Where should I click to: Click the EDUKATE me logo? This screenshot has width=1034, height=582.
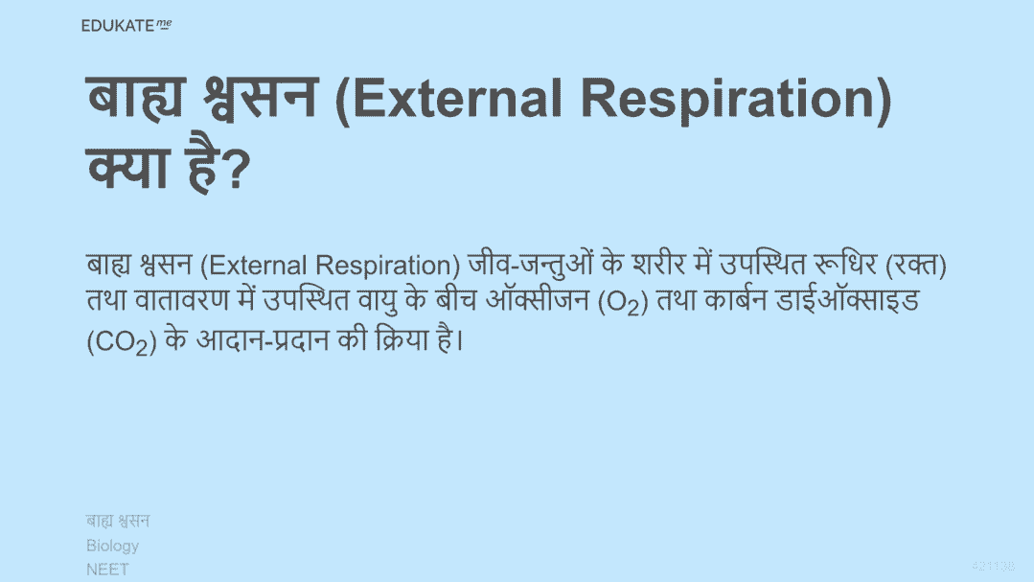[x=126, y=26]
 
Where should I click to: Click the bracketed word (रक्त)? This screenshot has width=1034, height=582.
[x=916, y=266]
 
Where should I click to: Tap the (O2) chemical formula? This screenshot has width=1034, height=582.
[x=623, y=302]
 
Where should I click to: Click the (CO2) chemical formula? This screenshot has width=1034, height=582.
[x=122, y=341]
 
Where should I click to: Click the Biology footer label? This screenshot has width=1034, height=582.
[x=113, y=547]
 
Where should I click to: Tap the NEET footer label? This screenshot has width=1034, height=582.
[x=107, y=570]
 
